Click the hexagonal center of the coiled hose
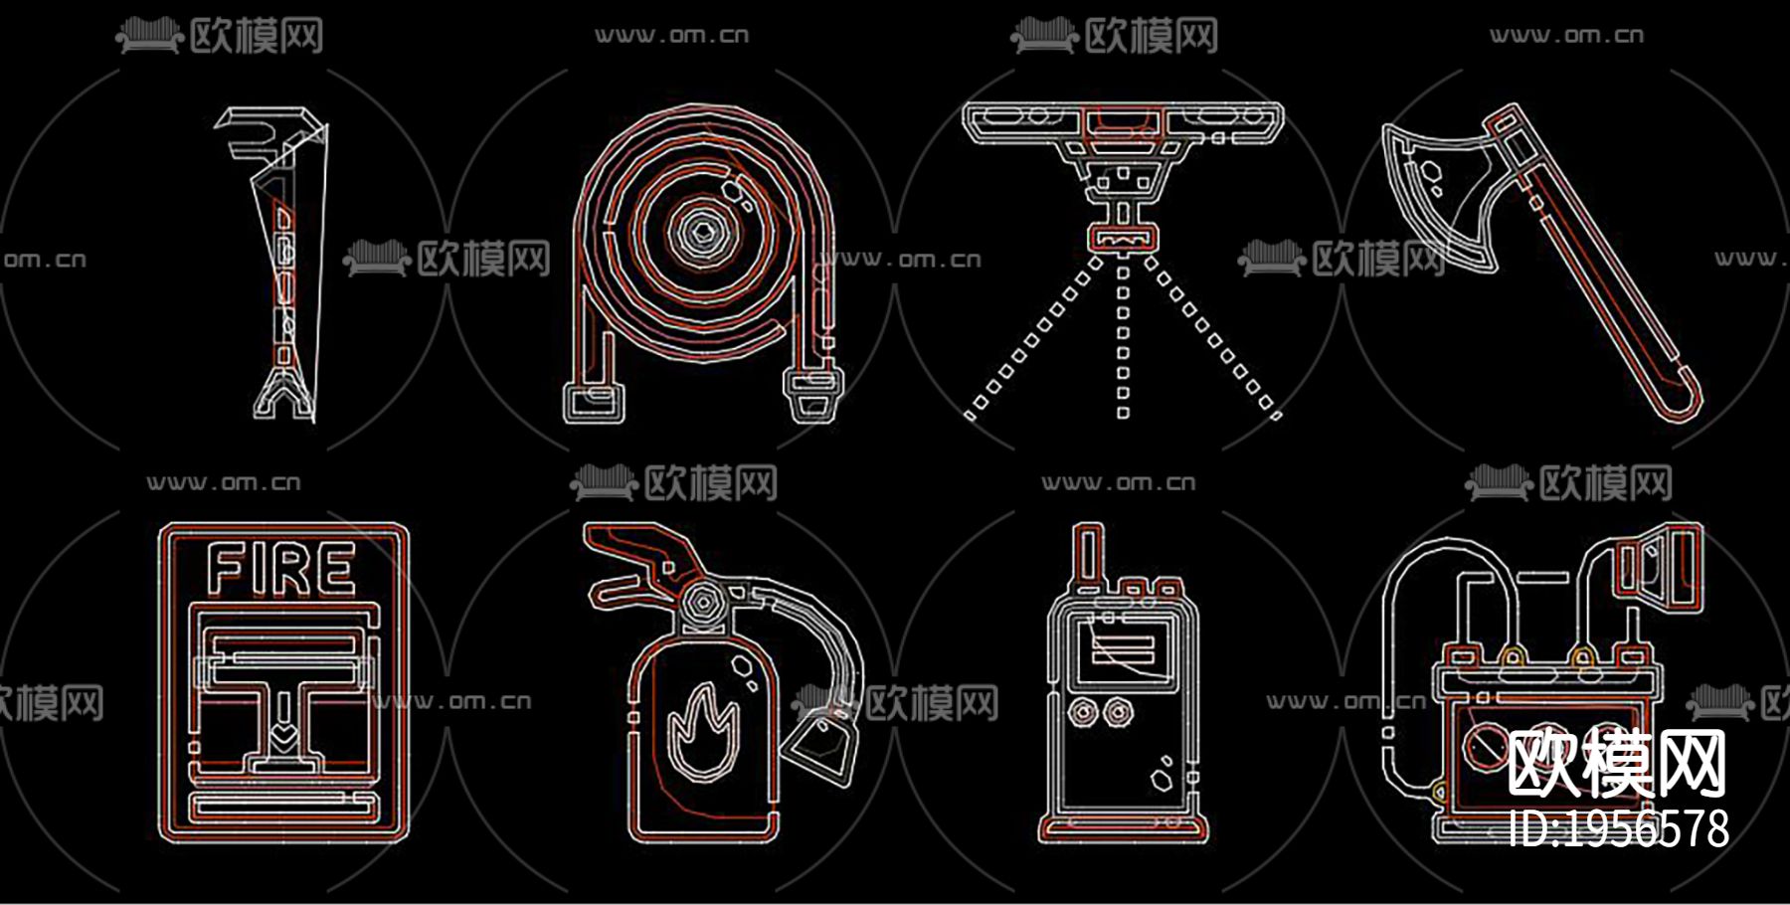pos(703,233)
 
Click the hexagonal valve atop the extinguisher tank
pos(703,604)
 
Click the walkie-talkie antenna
pos(1087,557)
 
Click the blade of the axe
pos(1432,189)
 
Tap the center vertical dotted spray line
pos(1123,338)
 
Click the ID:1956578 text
pos(1618,829)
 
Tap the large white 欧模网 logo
pos(1617,764)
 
